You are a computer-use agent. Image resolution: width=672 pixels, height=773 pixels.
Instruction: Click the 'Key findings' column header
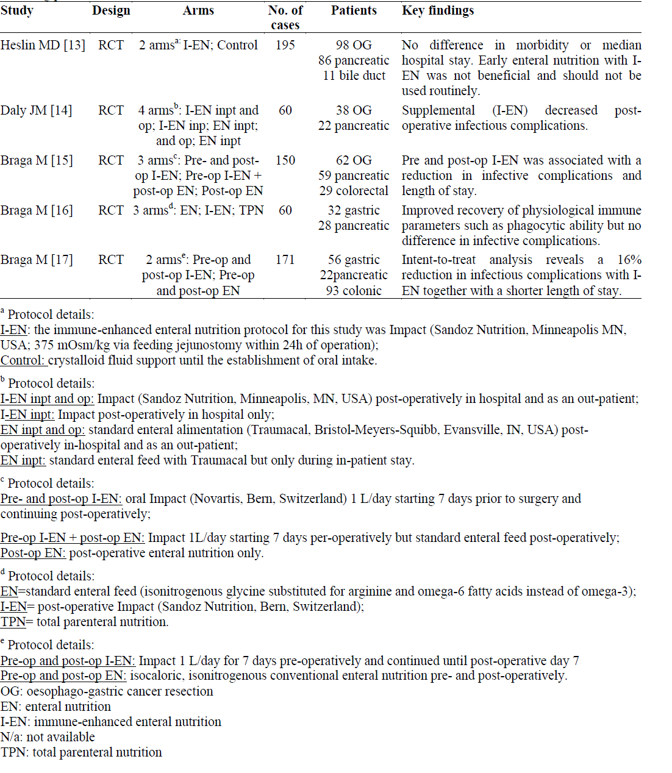(438, 10)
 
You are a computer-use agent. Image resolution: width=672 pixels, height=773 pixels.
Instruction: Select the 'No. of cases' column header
(285, 18)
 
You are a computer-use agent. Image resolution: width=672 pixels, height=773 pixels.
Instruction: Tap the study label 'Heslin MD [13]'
(43, 45)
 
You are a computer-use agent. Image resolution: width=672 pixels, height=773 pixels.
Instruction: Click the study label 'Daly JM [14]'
(36, 110)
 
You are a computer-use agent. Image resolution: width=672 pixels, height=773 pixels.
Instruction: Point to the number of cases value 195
(285, 45)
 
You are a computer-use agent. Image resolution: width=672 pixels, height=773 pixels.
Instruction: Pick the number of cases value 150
(285, 160)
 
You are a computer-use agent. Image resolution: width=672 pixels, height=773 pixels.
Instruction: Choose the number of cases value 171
(285, 260)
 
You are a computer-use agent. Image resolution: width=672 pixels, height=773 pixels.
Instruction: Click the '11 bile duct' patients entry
(354, 76)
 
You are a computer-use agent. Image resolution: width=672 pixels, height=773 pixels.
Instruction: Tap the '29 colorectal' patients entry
(354, 191)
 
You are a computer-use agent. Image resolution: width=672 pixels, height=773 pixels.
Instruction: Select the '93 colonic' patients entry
(354, 291)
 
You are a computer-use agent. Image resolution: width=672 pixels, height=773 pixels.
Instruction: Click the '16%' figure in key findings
(629, 260)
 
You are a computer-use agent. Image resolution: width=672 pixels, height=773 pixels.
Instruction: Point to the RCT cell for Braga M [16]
(111, 210)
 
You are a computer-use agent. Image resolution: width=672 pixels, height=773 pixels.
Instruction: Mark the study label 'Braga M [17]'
(37, 260)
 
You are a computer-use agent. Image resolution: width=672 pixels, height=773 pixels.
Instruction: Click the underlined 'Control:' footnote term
(23, 360)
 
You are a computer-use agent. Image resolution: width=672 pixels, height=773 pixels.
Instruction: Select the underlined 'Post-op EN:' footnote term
(33, 553)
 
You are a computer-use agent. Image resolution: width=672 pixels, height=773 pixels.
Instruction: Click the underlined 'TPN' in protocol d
(13, 622)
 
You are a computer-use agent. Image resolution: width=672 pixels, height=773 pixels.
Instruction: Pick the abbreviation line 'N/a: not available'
(48, 737)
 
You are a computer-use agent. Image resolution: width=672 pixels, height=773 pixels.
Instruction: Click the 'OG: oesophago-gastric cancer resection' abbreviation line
(107, 691)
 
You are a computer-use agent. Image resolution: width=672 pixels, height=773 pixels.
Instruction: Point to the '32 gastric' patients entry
(354, 210)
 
